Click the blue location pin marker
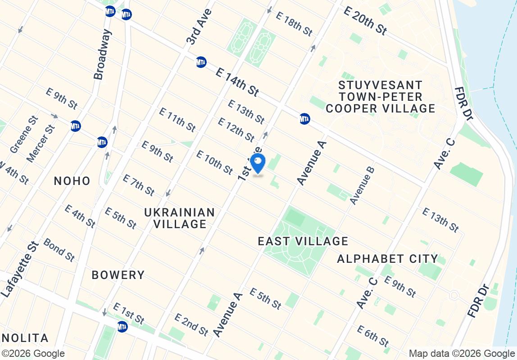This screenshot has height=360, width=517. click(257, 162)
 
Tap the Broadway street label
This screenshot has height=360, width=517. click(102, 54)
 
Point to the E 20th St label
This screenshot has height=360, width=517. click(365, 20)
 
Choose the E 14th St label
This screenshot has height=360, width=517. click(237, 82)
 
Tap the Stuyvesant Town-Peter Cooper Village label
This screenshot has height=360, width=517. click(381, 97)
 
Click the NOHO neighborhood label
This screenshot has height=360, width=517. click(72, 181)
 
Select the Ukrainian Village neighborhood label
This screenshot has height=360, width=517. click(180, 218)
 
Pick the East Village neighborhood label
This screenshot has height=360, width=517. click(303, 241)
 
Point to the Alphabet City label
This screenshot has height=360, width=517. click(387, 259)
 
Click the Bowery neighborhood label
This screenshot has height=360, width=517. click(118, 275)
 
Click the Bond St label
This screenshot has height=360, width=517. click(59, 250)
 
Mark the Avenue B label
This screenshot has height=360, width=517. click(362, 185)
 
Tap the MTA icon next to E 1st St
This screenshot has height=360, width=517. click(122, 326)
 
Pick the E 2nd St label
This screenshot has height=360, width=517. click(191, 324)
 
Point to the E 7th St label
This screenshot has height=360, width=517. click(139, 185)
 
